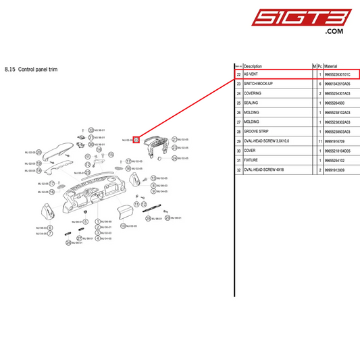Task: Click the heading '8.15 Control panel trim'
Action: coord(31,69)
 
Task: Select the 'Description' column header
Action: coord(257,66)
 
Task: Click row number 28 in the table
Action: coord(238,131)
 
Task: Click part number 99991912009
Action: coord(334,169)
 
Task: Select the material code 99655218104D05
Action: coord(337,150)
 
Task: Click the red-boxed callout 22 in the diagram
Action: coord(136,140)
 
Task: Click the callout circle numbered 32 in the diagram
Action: coord(91,130)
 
